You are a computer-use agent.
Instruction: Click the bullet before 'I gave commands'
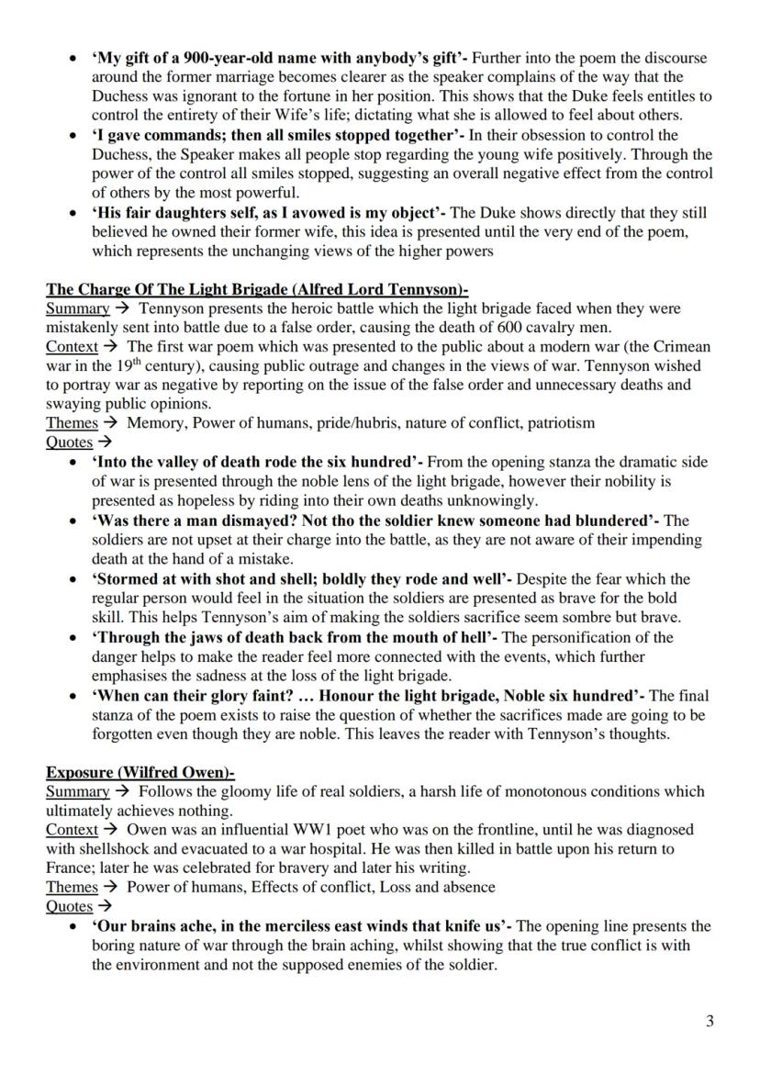(x=73, y=135)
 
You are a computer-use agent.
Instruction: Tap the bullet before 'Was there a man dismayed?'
(x=73, y=521)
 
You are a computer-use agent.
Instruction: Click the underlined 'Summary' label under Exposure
(x=78, y=791)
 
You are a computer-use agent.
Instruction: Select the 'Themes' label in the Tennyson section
(x=72, y=423)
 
